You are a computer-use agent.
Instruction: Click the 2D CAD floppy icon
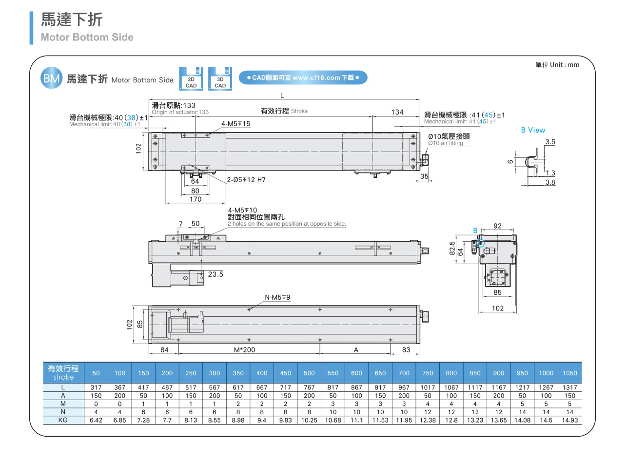pos(191,78)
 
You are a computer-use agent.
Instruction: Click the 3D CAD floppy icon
pos(220,78)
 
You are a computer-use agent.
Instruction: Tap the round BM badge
pos(51,77)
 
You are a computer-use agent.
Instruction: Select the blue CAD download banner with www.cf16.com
pos(303,77)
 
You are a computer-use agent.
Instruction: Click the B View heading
pos(533,130)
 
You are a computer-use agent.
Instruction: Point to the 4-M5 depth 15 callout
pos(235,124)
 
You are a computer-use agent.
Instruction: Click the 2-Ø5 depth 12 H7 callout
pos(246,180)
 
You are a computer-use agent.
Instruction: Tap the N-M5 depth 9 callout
pos(277,297)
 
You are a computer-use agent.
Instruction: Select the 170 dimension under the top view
pos(196,199)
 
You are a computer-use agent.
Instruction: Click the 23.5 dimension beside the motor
pos(215,274)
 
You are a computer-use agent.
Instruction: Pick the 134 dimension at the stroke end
pos(397,112)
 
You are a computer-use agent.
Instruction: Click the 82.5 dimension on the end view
pos(452,248)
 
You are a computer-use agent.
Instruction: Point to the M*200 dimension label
pos(244,350)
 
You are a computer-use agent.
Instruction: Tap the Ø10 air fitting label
pos(449,139)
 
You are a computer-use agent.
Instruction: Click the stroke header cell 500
pos(309,373)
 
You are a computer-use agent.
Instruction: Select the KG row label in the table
pos(63,420)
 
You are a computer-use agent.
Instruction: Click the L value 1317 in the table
pos(570,387)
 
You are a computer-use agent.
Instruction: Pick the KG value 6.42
pos(96,420)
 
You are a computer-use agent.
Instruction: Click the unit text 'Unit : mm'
pos(565,65)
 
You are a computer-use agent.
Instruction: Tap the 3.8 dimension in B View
pos(550,182)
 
